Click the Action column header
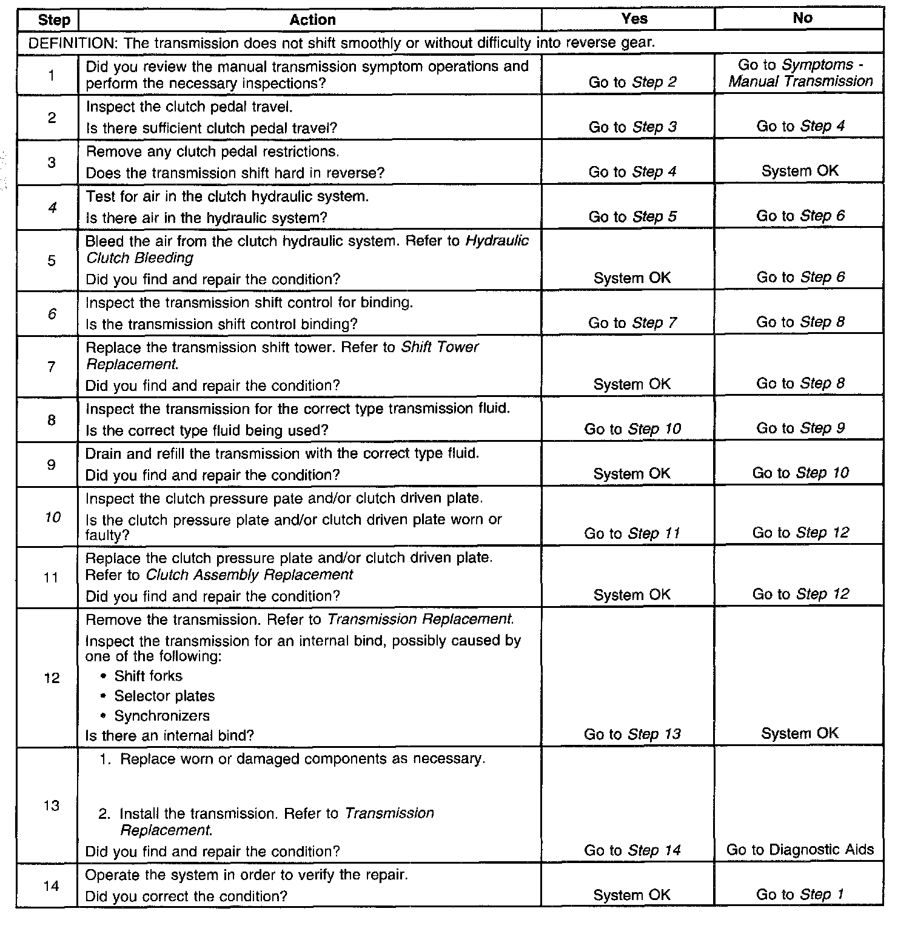[312, 20]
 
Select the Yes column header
[634, 19]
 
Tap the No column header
[802, 18]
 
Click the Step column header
[54, 20]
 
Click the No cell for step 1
[800, 73]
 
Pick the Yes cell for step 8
[632, 429]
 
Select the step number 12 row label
[52, 678]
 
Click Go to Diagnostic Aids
[800, 850]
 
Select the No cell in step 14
[799, 895]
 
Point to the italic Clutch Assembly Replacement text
[250, 575]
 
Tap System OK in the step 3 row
[800, 172]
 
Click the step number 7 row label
[52, 367]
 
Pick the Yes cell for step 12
[632, 735]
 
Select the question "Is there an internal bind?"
[170, 736]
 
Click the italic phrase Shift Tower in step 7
[440, 347]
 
